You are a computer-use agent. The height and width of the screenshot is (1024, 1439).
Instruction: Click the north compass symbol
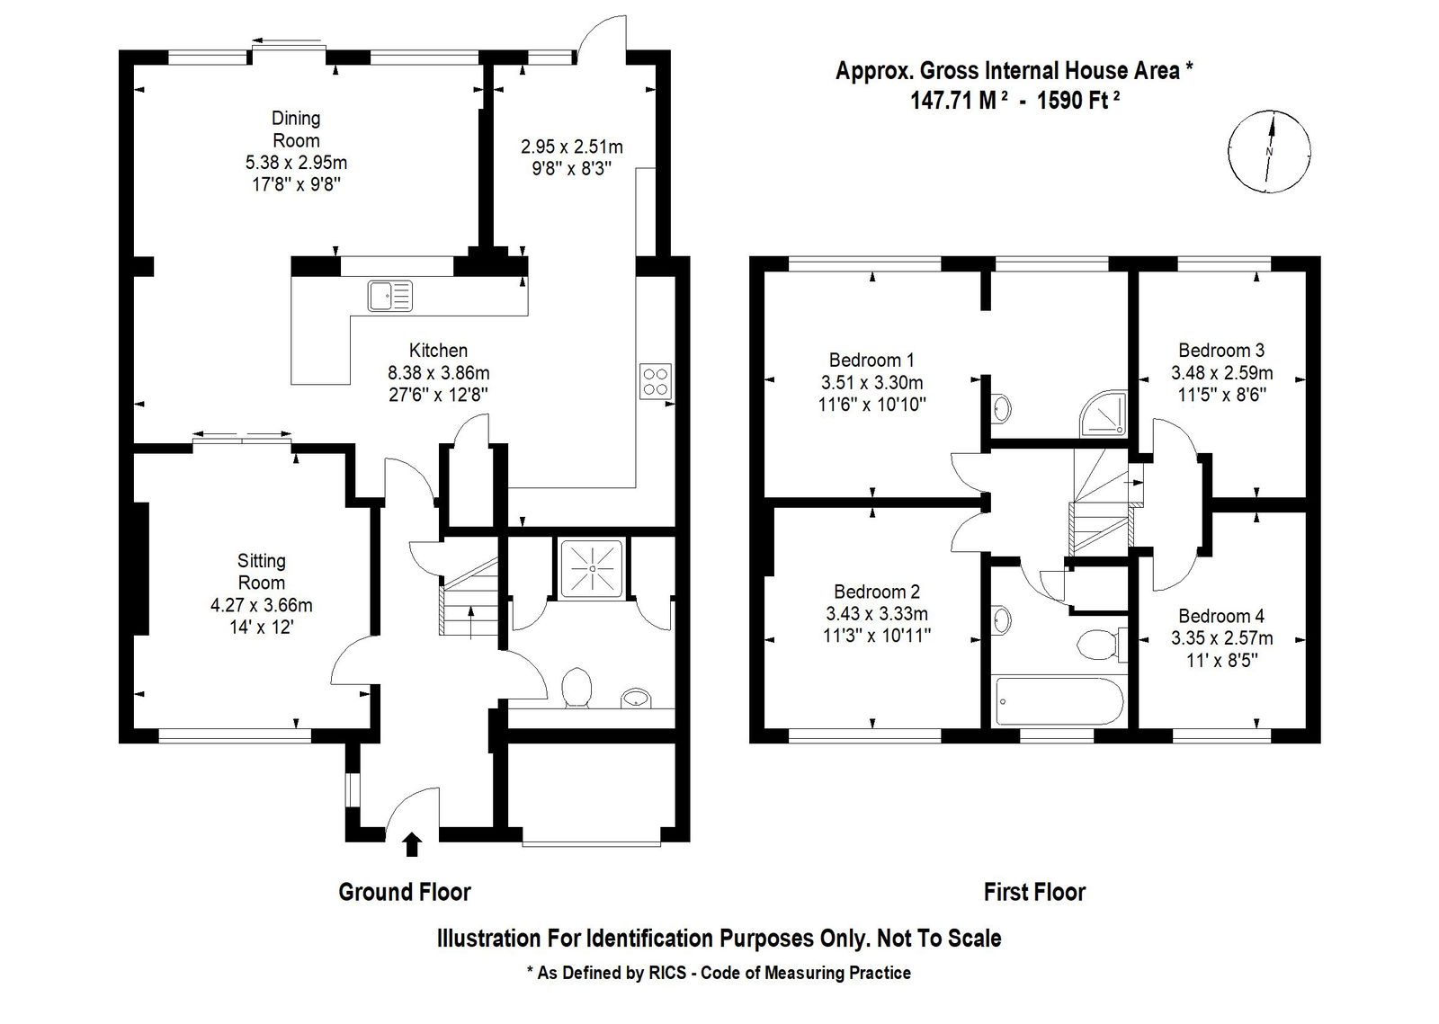pyautogui.click(x=1269, y=151)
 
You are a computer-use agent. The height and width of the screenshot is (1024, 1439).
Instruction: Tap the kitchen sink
pyautogui.click(x=390, y=296)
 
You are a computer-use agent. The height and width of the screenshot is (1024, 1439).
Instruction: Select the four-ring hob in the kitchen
pyautogui.click(x=656, y=381)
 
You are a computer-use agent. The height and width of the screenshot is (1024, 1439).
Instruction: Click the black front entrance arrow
pyautogui.click(x=413, y=844)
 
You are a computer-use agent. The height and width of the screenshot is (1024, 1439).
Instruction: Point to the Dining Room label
pyautogui.click(x=296, y=129)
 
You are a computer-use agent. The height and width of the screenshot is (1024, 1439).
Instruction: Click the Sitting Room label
pyautogui.click(x=262, y=572)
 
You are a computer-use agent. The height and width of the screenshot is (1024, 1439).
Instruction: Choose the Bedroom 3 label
pyautogui.click(x=1221, y=351)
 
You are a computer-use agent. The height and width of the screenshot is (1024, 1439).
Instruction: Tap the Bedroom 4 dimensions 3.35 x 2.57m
pyautogui.click(x=1221, y=638)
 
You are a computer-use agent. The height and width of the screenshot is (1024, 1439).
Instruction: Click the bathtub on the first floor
pyautogui.click(x=1058, y=700)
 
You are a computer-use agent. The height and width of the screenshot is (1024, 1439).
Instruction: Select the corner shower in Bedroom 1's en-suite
pyautogui.click(x=1105, y=414)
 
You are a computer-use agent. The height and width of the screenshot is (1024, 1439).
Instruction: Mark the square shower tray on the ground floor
pyautogui.click(x=592, y=569)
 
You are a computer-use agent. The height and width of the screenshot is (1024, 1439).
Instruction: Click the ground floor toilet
pyautogui.click(x=576, y=688)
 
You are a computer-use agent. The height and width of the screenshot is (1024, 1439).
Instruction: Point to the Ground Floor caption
pyautogui.click(x=405, y=893)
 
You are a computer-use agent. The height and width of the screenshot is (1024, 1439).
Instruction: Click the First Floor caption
pyautogui.click(x=1034, y=893)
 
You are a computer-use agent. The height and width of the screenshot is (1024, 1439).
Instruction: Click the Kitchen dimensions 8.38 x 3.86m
pyautogui.click(x=438, y=372)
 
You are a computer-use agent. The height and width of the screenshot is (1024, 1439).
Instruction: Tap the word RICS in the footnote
pyautogui.click(x=667, y=974)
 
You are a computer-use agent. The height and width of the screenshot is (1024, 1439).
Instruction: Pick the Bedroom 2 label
pyautogui.click(x=877, y=592)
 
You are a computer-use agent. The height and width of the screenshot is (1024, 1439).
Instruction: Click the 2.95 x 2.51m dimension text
pyautogui.click(x=572, y=147)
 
